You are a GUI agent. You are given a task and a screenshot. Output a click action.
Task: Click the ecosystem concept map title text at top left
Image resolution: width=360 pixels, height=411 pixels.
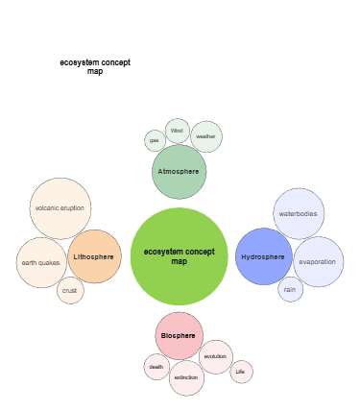95,66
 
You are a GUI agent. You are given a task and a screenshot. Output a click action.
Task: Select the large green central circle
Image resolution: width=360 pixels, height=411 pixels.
179,255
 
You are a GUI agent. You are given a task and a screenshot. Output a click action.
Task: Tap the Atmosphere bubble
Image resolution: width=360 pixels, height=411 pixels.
179,172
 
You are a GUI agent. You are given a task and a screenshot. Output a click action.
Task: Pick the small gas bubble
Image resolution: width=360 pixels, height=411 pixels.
155,141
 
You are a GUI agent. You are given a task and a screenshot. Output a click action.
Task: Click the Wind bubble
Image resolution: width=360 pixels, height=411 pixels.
177,131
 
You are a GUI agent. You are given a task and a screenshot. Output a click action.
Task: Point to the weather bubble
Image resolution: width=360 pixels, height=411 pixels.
205,136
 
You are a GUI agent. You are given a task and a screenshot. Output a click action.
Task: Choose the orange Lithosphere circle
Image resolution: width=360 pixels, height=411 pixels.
94,256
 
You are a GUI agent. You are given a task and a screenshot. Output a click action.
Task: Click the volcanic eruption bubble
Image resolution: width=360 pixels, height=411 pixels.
60,208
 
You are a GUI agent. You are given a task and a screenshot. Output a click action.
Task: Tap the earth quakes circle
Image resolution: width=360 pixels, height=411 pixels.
41,262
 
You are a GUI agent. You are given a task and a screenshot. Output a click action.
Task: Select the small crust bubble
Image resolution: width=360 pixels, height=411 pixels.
70,290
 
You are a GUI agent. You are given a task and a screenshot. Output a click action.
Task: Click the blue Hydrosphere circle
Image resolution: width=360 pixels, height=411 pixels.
263,256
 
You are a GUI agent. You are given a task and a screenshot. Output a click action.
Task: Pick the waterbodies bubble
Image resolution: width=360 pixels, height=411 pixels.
298,214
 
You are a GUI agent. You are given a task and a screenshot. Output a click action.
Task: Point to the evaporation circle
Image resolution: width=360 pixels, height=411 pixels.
318,262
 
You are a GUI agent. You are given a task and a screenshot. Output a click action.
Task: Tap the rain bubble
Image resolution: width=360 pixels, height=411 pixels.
290,289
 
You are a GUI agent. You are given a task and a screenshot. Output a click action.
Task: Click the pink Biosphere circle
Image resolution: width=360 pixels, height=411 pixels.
179,336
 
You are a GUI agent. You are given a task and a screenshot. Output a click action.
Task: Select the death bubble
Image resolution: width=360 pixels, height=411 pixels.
156,366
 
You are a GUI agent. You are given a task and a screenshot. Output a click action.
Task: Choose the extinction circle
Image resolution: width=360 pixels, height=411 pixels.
186,377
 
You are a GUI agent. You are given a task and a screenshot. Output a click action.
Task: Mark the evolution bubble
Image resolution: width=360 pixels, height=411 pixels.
215,356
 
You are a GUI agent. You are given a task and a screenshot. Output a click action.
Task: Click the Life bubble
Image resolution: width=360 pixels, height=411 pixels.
241,372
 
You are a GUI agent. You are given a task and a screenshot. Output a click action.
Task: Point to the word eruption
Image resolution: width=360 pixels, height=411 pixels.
72,208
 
